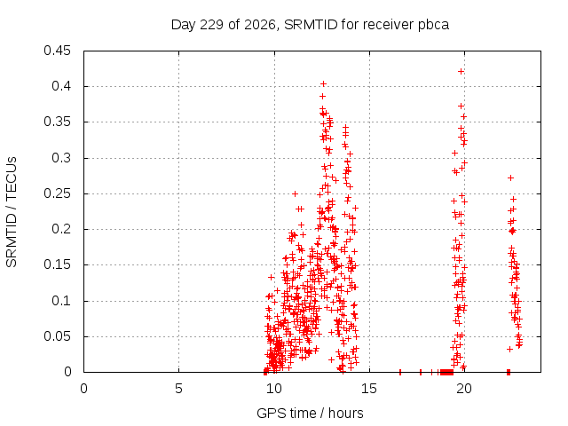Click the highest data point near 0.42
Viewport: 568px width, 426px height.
[x=461, y=72]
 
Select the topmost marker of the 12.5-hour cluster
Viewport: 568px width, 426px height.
[x=323, y=84]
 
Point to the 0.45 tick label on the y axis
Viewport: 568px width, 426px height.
[x=57, y=51]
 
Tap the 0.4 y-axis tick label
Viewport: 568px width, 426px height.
[x=61, y=86]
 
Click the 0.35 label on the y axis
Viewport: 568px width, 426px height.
[x=57, y=122]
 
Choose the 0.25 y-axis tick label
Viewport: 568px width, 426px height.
[x=57, y=193]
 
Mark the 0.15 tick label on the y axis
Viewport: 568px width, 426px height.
[x=57, y=264]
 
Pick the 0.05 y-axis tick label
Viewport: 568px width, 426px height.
[x=57, y=336]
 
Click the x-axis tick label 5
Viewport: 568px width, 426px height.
[x=178, y=389]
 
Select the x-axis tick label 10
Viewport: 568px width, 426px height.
[x=274, y=389]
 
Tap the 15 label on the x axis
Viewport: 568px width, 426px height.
[x=369, y=389]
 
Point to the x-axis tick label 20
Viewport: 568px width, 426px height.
[x=464, y=389]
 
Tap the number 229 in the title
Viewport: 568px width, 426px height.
[x=211, y=25]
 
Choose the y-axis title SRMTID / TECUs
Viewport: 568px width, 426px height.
[x=12, y=212]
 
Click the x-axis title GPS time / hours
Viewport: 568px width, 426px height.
[x=310, y=414]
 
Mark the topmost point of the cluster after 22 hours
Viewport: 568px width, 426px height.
[x=511, y=177]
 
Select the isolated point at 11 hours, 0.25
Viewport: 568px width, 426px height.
[x=295, y=193]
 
